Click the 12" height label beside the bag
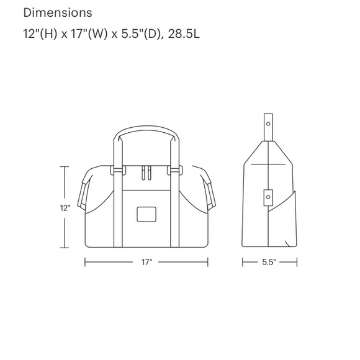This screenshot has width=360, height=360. [x=65, y=209]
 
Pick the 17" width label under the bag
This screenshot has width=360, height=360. [x=146, y=263]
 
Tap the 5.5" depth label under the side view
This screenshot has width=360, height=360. [x=269, y=263]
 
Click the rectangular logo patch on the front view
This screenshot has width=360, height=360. [x=146, y=213]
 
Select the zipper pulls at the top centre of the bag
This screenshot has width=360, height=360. [x=146, y=171]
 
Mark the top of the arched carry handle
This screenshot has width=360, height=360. [x=146, y=129]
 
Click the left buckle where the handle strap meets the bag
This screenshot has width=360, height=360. [x=114, y=169]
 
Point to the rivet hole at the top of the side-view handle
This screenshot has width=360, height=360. [x=269, y=124]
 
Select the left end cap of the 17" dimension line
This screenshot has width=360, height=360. [x=85, y=263]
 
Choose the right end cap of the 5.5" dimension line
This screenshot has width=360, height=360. [x=297, y=263]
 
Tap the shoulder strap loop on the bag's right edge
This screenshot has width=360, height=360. [x=209, y=188]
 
